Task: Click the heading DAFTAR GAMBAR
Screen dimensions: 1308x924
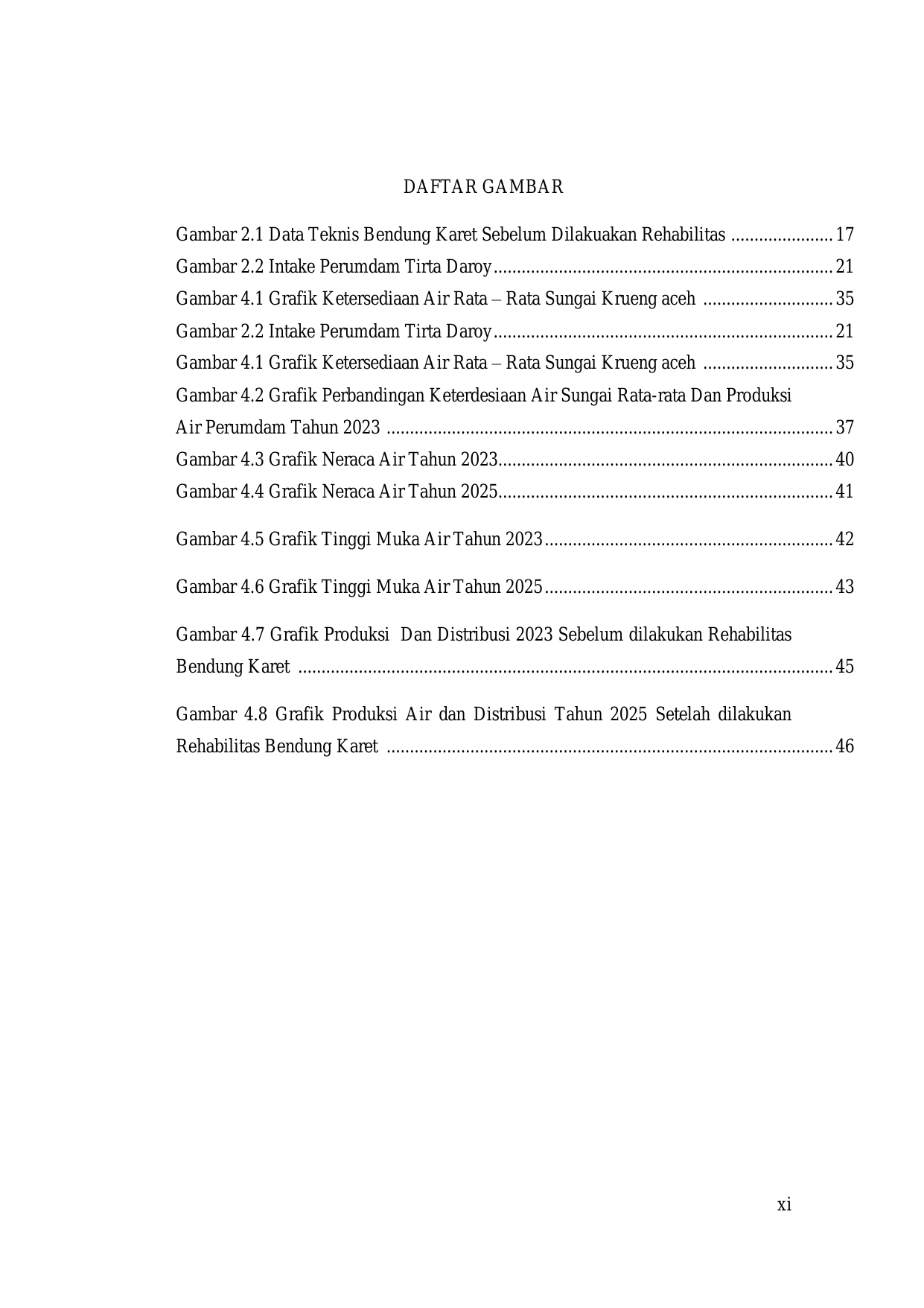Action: pos(483,187)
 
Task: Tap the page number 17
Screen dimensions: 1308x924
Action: pos(844,235)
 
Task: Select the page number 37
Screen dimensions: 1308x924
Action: pos(844,428)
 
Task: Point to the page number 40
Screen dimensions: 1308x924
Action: pos(844,460)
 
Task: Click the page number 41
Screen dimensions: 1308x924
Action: pos(844,492)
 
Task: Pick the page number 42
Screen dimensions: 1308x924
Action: pos(844,539)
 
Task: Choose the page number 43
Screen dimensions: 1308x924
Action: pos(844,587)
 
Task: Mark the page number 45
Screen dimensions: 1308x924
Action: pos(844,667)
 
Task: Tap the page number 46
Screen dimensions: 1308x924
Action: pos(844,746)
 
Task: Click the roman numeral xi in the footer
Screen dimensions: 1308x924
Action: pos(784,1204)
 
